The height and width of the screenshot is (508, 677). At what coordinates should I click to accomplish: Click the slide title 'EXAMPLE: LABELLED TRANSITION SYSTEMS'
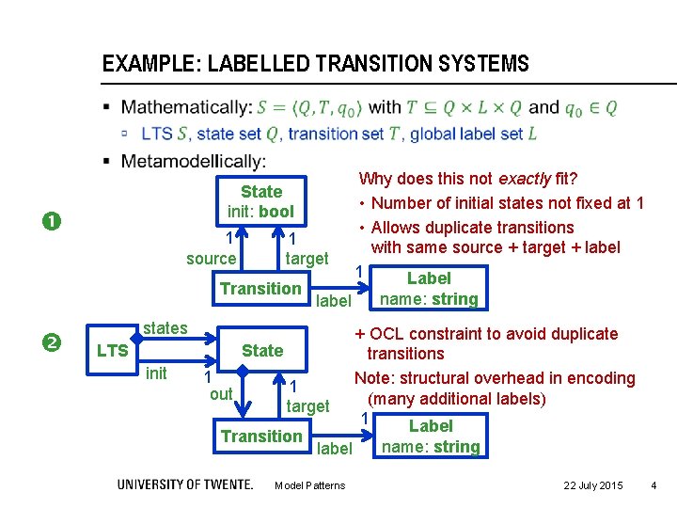[x=315, y=65]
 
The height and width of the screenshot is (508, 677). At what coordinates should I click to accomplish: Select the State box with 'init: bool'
[x=260, y=201]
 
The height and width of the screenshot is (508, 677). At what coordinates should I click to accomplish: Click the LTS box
[x=113, y=351]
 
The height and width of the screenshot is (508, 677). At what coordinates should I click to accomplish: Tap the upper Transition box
[x=260, y=289]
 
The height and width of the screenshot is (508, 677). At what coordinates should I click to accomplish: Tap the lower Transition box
[x=261, y=437]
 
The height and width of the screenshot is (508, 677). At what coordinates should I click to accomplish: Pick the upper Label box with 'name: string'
[x=429, y=289]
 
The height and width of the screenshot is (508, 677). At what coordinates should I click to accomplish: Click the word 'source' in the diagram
[x=212, y=259]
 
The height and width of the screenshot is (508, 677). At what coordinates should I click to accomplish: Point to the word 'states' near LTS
[x=165, y=328]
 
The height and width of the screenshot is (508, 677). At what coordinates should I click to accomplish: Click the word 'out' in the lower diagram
[x=221, y=394]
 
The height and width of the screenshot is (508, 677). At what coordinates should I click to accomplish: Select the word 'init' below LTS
[x=156, y=373]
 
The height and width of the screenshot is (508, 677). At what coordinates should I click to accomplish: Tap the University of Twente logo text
[x=185, y=484]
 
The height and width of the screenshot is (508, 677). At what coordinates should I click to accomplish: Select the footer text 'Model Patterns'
[x=309, y=485]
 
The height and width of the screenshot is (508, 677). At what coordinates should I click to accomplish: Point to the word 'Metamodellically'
[x=193, y=161]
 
